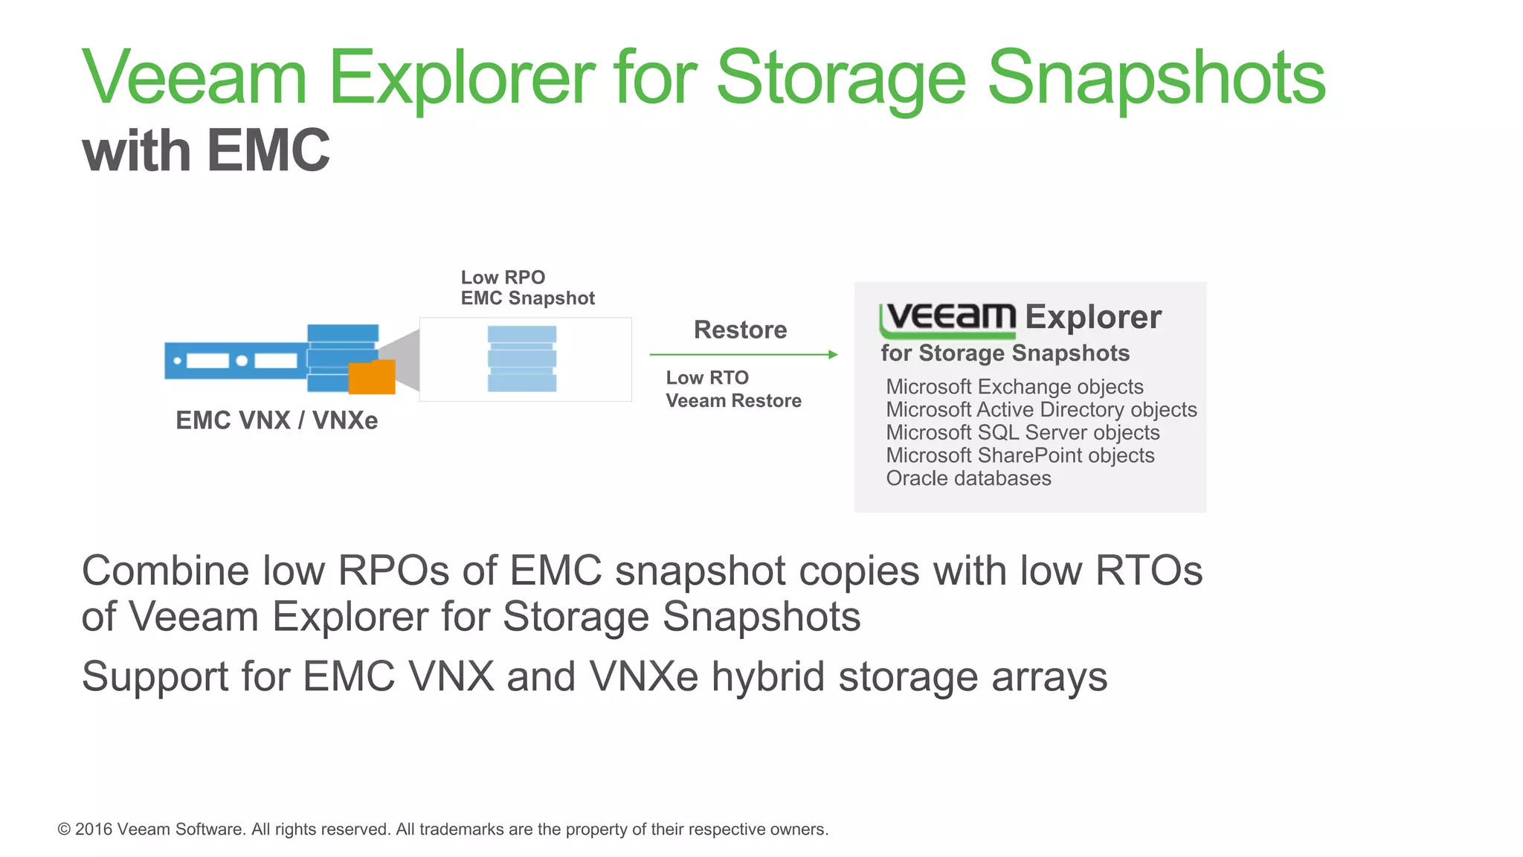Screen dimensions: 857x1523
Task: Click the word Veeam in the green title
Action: tap(194, 78)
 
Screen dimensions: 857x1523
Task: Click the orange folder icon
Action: tap(372, 377)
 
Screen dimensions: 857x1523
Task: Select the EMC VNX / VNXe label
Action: tap(277, 420)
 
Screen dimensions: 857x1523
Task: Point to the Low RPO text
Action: tap(503, 277)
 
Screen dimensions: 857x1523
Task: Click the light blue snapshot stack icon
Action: tap(522, 359)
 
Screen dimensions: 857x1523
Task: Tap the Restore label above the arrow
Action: tap(740, 330)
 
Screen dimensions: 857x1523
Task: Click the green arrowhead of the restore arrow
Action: tap(833, 355)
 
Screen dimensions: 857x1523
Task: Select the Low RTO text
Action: tap(707, 378)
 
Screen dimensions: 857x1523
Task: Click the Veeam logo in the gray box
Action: tap(948, 318)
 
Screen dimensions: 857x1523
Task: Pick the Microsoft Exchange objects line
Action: tap(1014, 387)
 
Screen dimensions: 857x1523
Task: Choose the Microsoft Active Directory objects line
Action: tap(1041, 410)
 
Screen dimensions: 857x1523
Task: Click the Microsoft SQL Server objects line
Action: tap(1023, 433)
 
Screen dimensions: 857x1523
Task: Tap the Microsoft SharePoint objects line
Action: tap(1020, 456)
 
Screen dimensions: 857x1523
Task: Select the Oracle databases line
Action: tap(968, 478)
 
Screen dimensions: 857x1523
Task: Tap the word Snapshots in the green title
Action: tap(1156, 78)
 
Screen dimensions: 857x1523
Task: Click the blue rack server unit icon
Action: tap(235, 361)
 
